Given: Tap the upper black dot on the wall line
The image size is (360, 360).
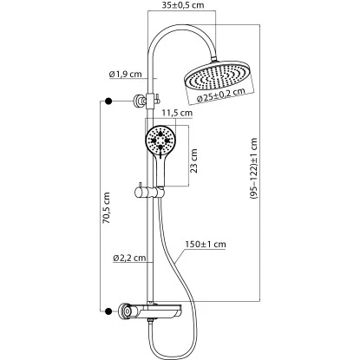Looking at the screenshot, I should tap(108, 102).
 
